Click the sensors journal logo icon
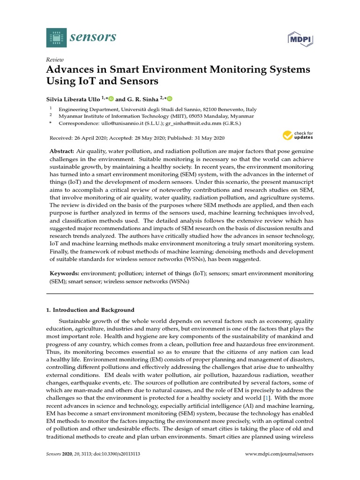coord(57,37)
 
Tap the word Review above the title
coord(54,60)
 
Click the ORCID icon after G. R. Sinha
coord(169,99)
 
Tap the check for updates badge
coord(298,136)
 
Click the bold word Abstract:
coord(62,152)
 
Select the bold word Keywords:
coord(64,273)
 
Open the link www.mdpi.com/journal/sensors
coord(279,454)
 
